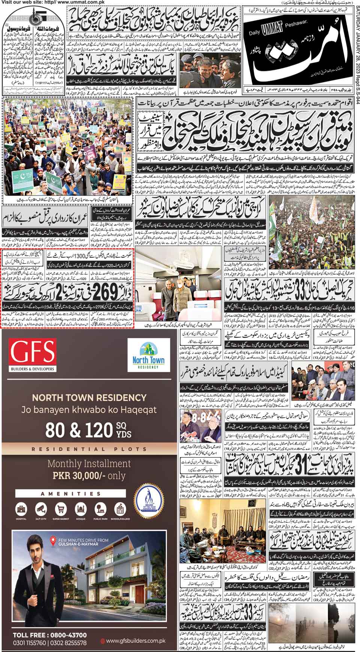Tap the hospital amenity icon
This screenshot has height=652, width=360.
coord(21,509)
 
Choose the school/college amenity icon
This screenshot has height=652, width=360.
coord(120,509)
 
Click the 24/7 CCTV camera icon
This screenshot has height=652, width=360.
coord(40,509)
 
